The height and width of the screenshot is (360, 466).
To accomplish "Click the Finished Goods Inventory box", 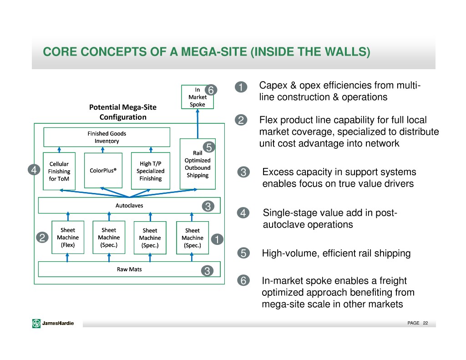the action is click(106, 137).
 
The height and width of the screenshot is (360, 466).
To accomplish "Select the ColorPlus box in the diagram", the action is click(103, 170).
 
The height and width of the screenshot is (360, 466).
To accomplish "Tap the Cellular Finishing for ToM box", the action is click(59, 171).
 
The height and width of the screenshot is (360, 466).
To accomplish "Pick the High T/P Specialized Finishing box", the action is click(151, 171).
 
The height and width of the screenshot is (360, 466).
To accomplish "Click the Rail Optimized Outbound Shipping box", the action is click(198, 164).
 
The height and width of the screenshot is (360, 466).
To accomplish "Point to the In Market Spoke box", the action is click(198, 97).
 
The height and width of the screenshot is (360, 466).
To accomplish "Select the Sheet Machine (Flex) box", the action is click(68, 237).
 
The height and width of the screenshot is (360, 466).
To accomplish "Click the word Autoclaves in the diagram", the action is click(129, 205).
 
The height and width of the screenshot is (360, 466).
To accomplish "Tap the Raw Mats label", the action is click(129, 269).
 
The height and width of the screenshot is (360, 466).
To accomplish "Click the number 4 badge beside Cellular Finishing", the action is click(34, 170).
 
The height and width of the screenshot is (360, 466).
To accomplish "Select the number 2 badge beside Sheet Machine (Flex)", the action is click(42, 238).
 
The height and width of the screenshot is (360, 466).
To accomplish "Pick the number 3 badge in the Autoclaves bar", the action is click(208, 206).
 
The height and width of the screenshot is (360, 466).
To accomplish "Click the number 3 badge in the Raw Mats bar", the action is click(207, 270).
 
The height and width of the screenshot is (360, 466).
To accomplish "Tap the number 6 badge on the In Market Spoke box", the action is click(211, 90).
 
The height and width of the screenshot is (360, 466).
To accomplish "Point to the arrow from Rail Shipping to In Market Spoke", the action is click(198, 124).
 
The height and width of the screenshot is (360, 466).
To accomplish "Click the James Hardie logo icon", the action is click(36, 323).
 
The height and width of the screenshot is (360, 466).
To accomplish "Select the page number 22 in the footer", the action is click(425, 323).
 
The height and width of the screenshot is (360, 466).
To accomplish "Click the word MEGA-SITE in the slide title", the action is click(214, 52).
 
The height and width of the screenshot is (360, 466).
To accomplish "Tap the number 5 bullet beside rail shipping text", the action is click(243, 253).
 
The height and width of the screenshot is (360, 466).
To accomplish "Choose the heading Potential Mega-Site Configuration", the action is click(123, 112).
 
